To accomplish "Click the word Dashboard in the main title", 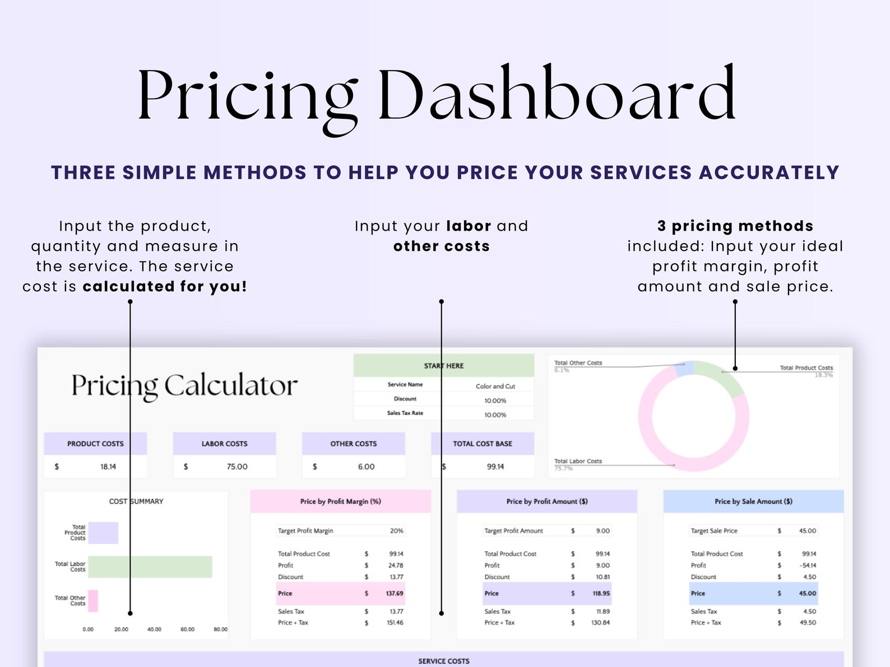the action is pos(557,92).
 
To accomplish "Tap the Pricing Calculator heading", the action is pos(184,386).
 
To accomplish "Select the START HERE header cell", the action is pos(443,366).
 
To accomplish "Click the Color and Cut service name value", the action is pos(495,386).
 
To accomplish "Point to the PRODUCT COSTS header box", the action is pos(95,444).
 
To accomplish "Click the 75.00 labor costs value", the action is pos(237,467).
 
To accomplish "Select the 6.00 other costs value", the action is pos(366,467).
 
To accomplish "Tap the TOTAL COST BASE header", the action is pos(483,444).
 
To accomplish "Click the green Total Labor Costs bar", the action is pos(150,567).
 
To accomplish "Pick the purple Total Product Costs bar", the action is pos(103,533).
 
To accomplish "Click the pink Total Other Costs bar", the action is pos(93,600).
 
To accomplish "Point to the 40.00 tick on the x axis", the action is pos(154,629).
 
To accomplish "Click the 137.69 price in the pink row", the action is pos(395,593).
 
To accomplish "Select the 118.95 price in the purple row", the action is pos(601,593).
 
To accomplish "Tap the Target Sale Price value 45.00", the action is pos(807,530).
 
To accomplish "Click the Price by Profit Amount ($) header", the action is pos(547,501).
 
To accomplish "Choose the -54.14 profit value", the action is pos(808,565).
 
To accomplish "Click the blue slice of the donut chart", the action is pos(684,369).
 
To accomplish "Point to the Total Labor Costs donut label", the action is pos(578,461).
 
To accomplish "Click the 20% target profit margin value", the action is pos(397,530).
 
